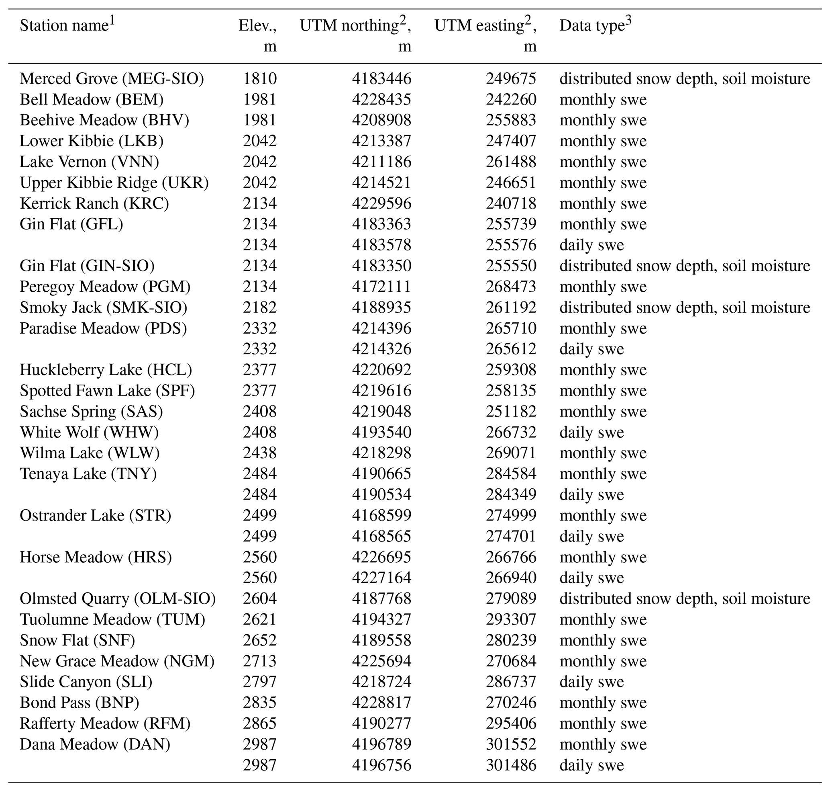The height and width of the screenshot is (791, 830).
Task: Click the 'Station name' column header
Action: point(64,26)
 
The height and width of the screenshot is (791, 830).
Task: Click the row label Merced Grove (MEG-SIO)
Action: point(112,79)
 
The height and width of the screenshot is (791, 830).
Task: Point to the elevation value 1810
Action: point(259,79)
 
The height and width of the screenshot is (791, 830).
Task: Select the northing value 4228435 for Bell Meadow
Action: point(381,100)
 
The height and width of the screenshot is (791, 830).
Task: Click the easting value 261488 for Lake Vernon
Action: point(511,162)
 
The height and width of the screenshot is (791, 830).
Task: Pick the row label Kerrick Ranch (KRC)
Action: point(94,204)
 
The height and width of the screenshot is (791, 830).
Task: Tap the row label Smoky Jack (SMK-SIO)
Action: point(103,307)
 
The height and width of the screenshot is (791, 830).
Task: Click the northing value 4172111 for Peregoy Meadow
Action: point(381,287)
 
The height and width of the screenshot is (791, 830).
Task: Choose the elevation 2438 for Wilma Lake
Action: point(259,453)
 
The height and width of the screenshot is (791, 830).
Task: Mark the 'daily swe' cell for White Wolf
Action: point(591,432)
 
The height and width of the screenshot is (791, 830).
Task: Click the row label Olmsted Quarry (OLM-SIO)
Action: point(118,599)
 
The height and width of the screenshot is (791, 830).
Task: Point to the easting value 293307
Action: point(511,619)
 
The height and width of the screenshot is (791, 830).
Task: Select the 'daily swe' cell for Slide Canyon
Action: point(591,682)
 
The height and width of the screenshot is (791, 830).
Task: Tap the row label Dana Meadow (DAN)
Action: point(95,744)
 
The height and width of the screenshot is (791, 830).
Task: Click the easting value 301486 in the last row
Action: point(511,765)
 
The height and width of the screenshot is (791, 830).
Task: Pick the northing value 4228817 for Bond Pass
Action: point(381,703)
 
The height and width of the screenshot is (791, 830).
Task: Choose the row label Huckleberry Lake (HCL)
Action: point(106,370)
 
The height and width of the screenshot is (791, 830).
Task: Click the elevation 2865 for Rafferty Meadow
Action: point(259,723)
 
